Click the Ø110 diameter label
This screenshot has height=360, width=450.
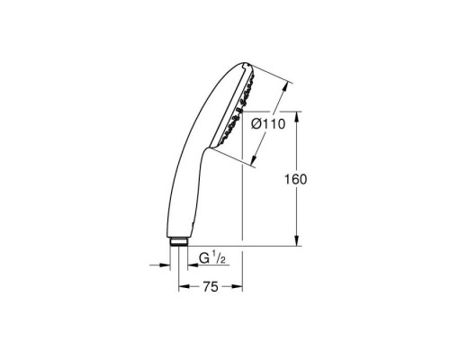268,124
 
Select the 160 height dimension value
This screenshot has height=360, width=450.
295,179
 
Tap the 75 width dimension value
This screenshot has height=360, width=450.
211,287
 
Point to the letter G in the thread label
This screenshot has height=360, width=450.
203,258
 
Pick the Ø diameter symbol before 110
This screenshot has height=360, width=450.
256,124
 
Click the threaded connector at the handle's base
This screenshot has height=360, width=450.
178,242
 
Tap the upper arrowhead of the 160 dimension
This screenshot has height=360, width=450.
297,117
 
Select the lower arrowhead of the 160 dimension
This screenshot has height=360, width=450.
297,240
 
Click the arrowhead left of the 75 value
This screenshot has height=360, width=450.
184,287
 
